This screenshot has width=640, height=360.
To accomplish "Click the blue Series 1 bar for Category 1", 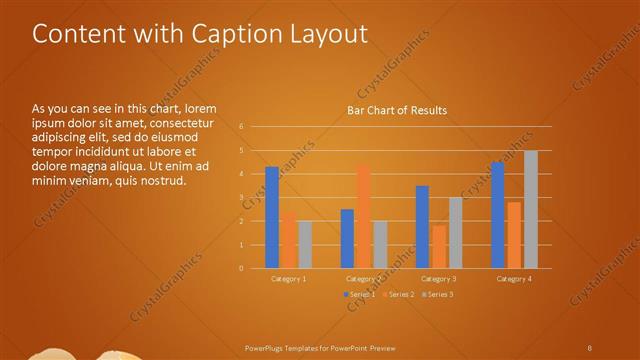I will (x=272, y=217).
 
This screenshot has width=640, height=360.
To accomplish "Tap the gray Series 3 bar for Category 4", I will (x=531, y=209).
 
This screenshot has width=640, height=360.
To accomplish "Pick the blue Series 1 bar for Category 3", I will (x=422, y=227).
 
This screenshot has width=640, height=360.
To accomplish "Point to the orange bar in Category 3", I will (x=439, y=247).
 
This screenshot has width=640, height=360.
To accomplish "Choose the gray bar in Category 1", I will (x=305, y=244).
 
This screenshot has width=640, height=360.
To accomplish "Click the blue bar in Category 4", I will (x=498, y=215).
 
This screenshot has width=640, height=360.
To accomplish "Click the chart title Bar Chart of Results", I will (x=396, y=110).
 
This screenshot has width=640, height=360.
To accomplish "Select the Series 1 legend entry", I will (x=360, y=294).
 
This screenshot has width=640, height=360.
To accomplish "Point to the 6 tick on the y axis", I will (x=241, y=127).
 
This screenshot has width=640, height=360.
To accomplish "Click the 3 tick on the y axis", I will (x=241, y=197).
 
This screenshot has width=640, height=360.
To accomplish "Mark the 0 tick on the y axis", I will (x=241, y=268).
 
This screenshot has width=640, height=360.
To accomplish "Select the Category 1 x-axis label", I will (x=289, y=279).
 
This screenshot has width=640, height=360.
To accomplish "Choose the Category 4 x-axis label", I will (x=515, y=279).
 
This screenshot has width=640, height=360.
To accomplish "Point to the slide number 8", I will (x=589, y=346).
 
